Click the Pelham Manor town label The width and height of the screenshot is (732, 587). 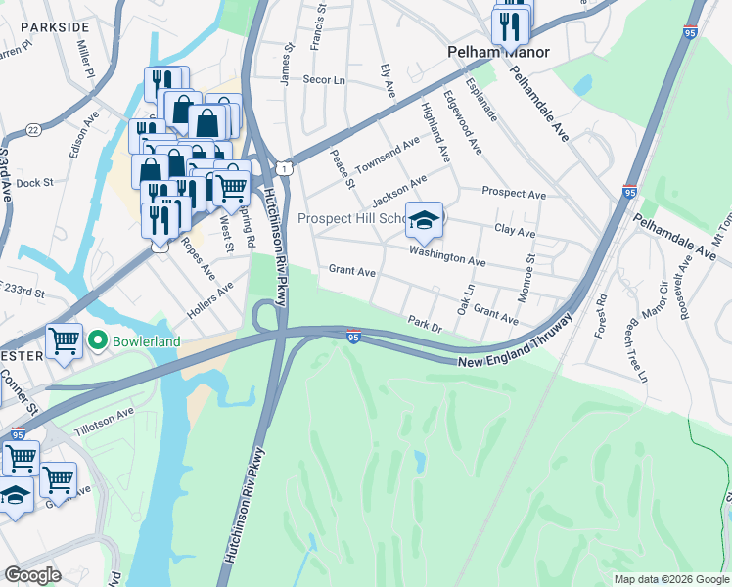(498, 52)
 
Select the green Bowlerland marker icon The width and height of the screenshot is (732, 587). (96, 341)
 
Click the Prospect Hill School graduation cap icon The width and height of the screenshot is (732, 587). (425, 220)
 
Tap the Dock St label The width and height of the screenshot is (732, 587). (34, 183)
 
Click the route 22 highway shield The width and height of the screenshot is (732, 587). (33, 129)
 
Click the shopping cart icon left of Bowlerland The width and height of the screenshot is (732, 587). (64, 341)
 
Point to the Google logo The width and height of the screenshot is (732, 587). (33, 575)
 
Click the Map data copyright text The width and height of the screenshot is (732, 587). (670, 579)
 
